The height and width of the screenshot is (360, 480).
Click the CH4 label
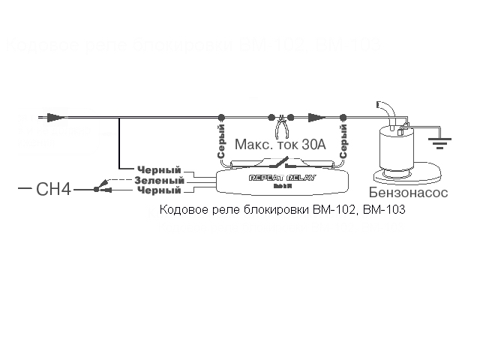pos(53,190)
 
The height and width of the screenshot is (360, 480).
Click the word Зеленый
pos(159,180)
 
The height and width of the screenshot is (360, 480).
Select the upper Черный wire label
pos(159,170)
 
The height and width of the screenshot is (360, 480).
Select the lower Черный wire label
pos(159,190)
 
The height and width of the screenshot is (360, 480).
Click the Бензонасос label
pos(408,193)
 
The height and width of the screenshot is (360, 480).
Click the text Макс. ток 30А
pos(280,145)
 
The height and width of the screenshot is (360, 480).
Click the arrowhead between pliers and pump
pos(316,117)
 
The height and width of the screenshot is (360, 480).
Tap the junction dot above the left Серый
pos(220,117)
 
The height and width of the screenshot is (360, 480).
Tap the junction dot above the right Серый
pos(343,117)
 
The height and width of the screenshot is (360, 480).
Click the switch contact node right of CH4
pos(95,190)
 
